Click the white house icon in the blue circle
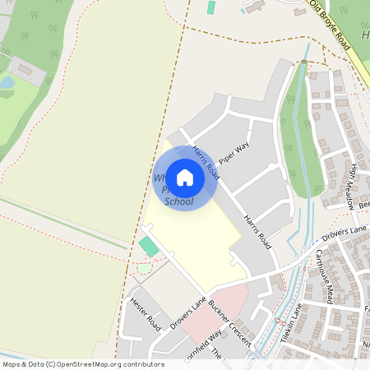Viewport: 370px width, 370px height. click(x=185, y=178)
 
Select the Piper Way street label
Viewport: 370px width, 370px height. click(x=234, y=153)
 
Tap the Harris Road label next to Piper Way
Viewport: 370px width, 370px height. click(x=206, y=162)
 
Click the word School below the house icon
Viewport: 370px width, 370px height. click(x=179, y=201)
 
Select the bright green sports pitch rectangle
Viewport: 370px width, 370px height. click(x=148, y=246)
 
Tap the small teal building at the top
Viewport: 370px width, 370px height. click(x=210, y=7)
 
